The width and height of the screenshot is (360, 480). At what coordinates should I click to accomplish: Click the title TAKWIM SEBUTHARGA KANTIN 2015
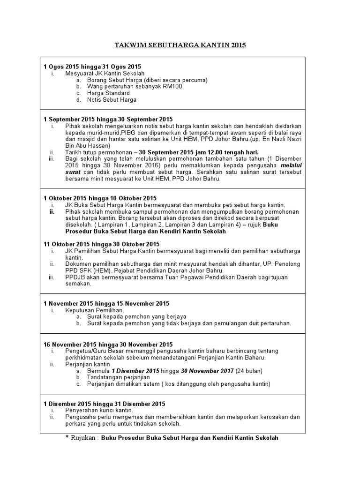[180, 45]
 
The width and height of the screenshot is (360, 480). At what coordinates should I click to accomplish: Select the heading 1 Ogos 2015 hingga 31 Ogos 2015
[92, 67]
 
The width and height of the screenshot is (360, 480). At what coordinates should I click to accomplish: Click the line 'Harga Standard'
[108, 93]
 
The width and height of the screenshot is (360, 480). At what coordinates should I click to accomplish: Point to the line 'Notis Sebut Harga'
[112, 100]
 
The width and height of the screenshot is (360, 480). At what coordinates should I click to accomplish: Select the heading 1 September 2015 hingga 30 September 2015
[108, 120]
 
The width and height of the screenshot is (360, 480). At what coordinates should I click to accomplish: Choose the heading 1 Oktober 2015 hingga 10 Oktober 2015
[100, 198]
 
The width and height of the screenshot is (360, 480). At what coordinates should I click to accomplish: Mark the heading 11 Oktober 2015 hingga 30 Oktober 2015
[101, 244]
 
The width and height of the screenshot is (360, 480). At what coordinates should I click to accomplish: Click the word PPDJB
[75, 277]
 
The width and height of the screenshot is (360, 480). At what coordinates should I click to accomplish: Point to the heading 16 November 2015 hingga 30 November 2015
[108, 345]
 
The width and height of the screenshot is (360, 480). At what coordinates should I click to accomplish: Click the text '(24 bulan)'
[248, 371]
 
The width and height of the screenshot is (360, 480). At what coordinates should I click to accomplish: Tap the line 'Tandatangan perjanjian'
[118, 377]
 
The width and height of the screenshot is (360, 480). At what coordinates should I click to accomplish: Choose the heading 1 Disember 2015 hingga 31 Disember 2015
[104, 404]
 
